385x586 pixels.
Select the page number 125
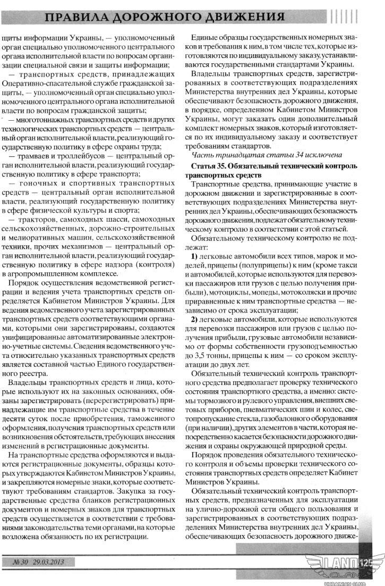(x=367, y=562)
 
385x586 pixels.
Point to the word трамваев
(x=35, y=157)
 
